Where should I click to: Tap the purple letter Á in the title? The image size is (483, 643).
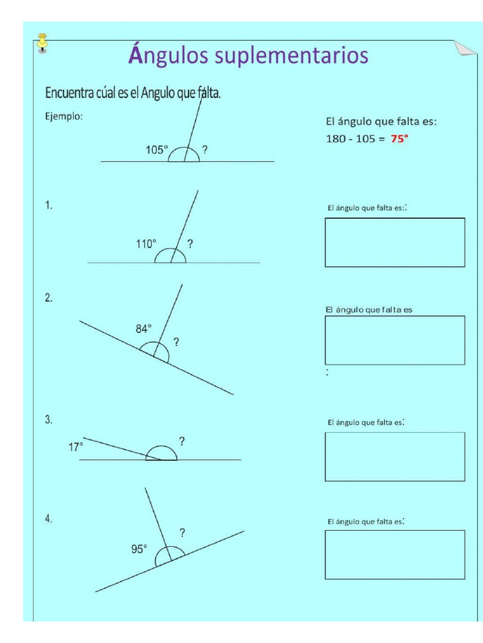click(x=136, y=55)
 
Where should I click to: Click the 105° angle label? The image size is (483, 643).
click(x=157, y=149)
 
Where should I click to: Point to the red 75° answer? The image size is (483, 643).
click(x=399, y=139)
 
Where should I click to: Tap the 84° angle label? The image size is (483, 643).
click(x=144, y=328)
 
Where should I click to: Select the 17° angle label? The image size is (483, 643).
click(x=75, y=447)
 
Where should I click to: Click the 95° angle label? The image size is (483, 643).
click(x=139, y=548)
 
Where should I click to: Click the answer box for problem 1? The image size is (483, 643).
click(x=395, y=242)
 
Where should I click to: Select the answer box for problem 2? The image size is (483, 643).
click(x=395, y=340)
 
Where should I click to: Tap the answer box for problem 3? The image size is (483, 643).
click(x=395, y=457)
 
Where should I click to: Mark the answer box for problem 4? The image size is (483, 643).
click(x=395, y=554)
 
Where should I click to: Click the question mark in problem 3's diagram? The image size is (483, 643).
click(x=182, y=441)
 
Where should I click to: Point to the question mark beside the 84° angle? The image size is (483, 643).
click(x=176, y=342)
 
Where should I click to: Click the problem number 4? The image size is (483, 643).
click(x=48, y=519)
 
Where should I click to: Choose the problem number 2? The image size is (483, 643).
click(x=48, y=298)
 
